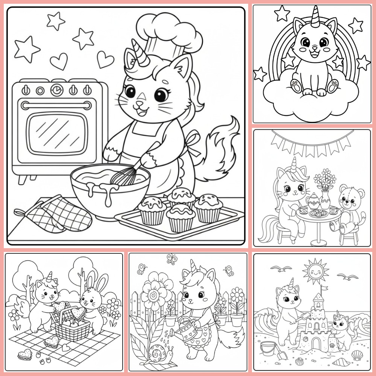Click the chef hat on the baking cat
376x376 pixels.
click(x=169, y=32)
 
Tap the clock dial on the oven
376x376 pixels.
click(x=56, y=90)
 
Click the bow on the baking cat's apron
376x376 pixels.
click(x=193, y=143)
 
